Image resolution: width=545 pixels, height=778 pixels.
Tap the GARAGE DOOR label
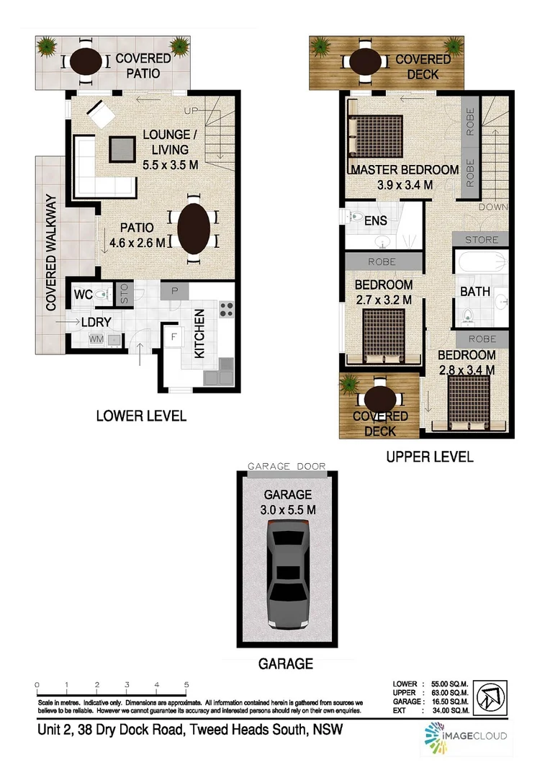tap(287, 467)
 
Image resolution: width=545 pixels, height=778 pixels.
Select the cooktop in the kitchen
tap(226, 308)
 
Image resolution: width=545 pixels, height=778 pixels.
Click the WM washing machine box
tap(96, 339)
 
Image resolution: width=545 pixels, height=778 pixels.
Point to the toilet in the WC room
tap(104, 293)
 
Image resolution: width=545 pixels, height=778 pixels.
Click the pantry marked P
tap(175, 291)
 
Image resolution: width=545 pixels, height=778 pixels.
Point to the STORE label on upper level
tap(480, 239)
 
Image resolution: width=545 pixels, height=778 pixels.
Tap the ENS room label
tap(375, 220)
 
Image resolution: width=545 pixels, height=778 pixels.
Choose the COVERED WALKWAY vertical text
tap(51, 252)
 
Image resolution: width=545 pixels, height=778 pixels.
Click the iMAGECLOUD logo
tap(464, 735)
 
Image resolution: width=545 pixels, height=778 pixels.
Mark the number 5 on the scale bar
tap(186, 685)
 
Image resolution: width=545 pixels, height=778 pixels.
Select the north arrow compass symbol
tap(493, 697)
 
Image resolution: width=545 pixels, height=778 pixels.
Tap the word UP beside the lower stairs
tap(191, 111)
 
